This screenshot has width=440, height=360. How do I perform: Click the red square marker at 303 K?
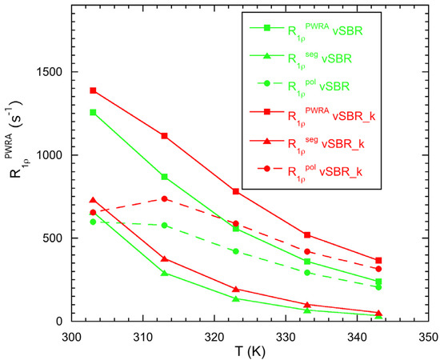(93, 90)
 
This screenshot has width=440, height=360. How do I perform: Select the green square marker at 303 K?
(93, 112)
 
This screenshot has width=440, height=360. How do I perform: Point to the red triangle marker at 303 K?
(93, 200)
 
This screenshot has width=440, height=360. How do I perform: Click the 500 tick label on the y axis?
(57, 238)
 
